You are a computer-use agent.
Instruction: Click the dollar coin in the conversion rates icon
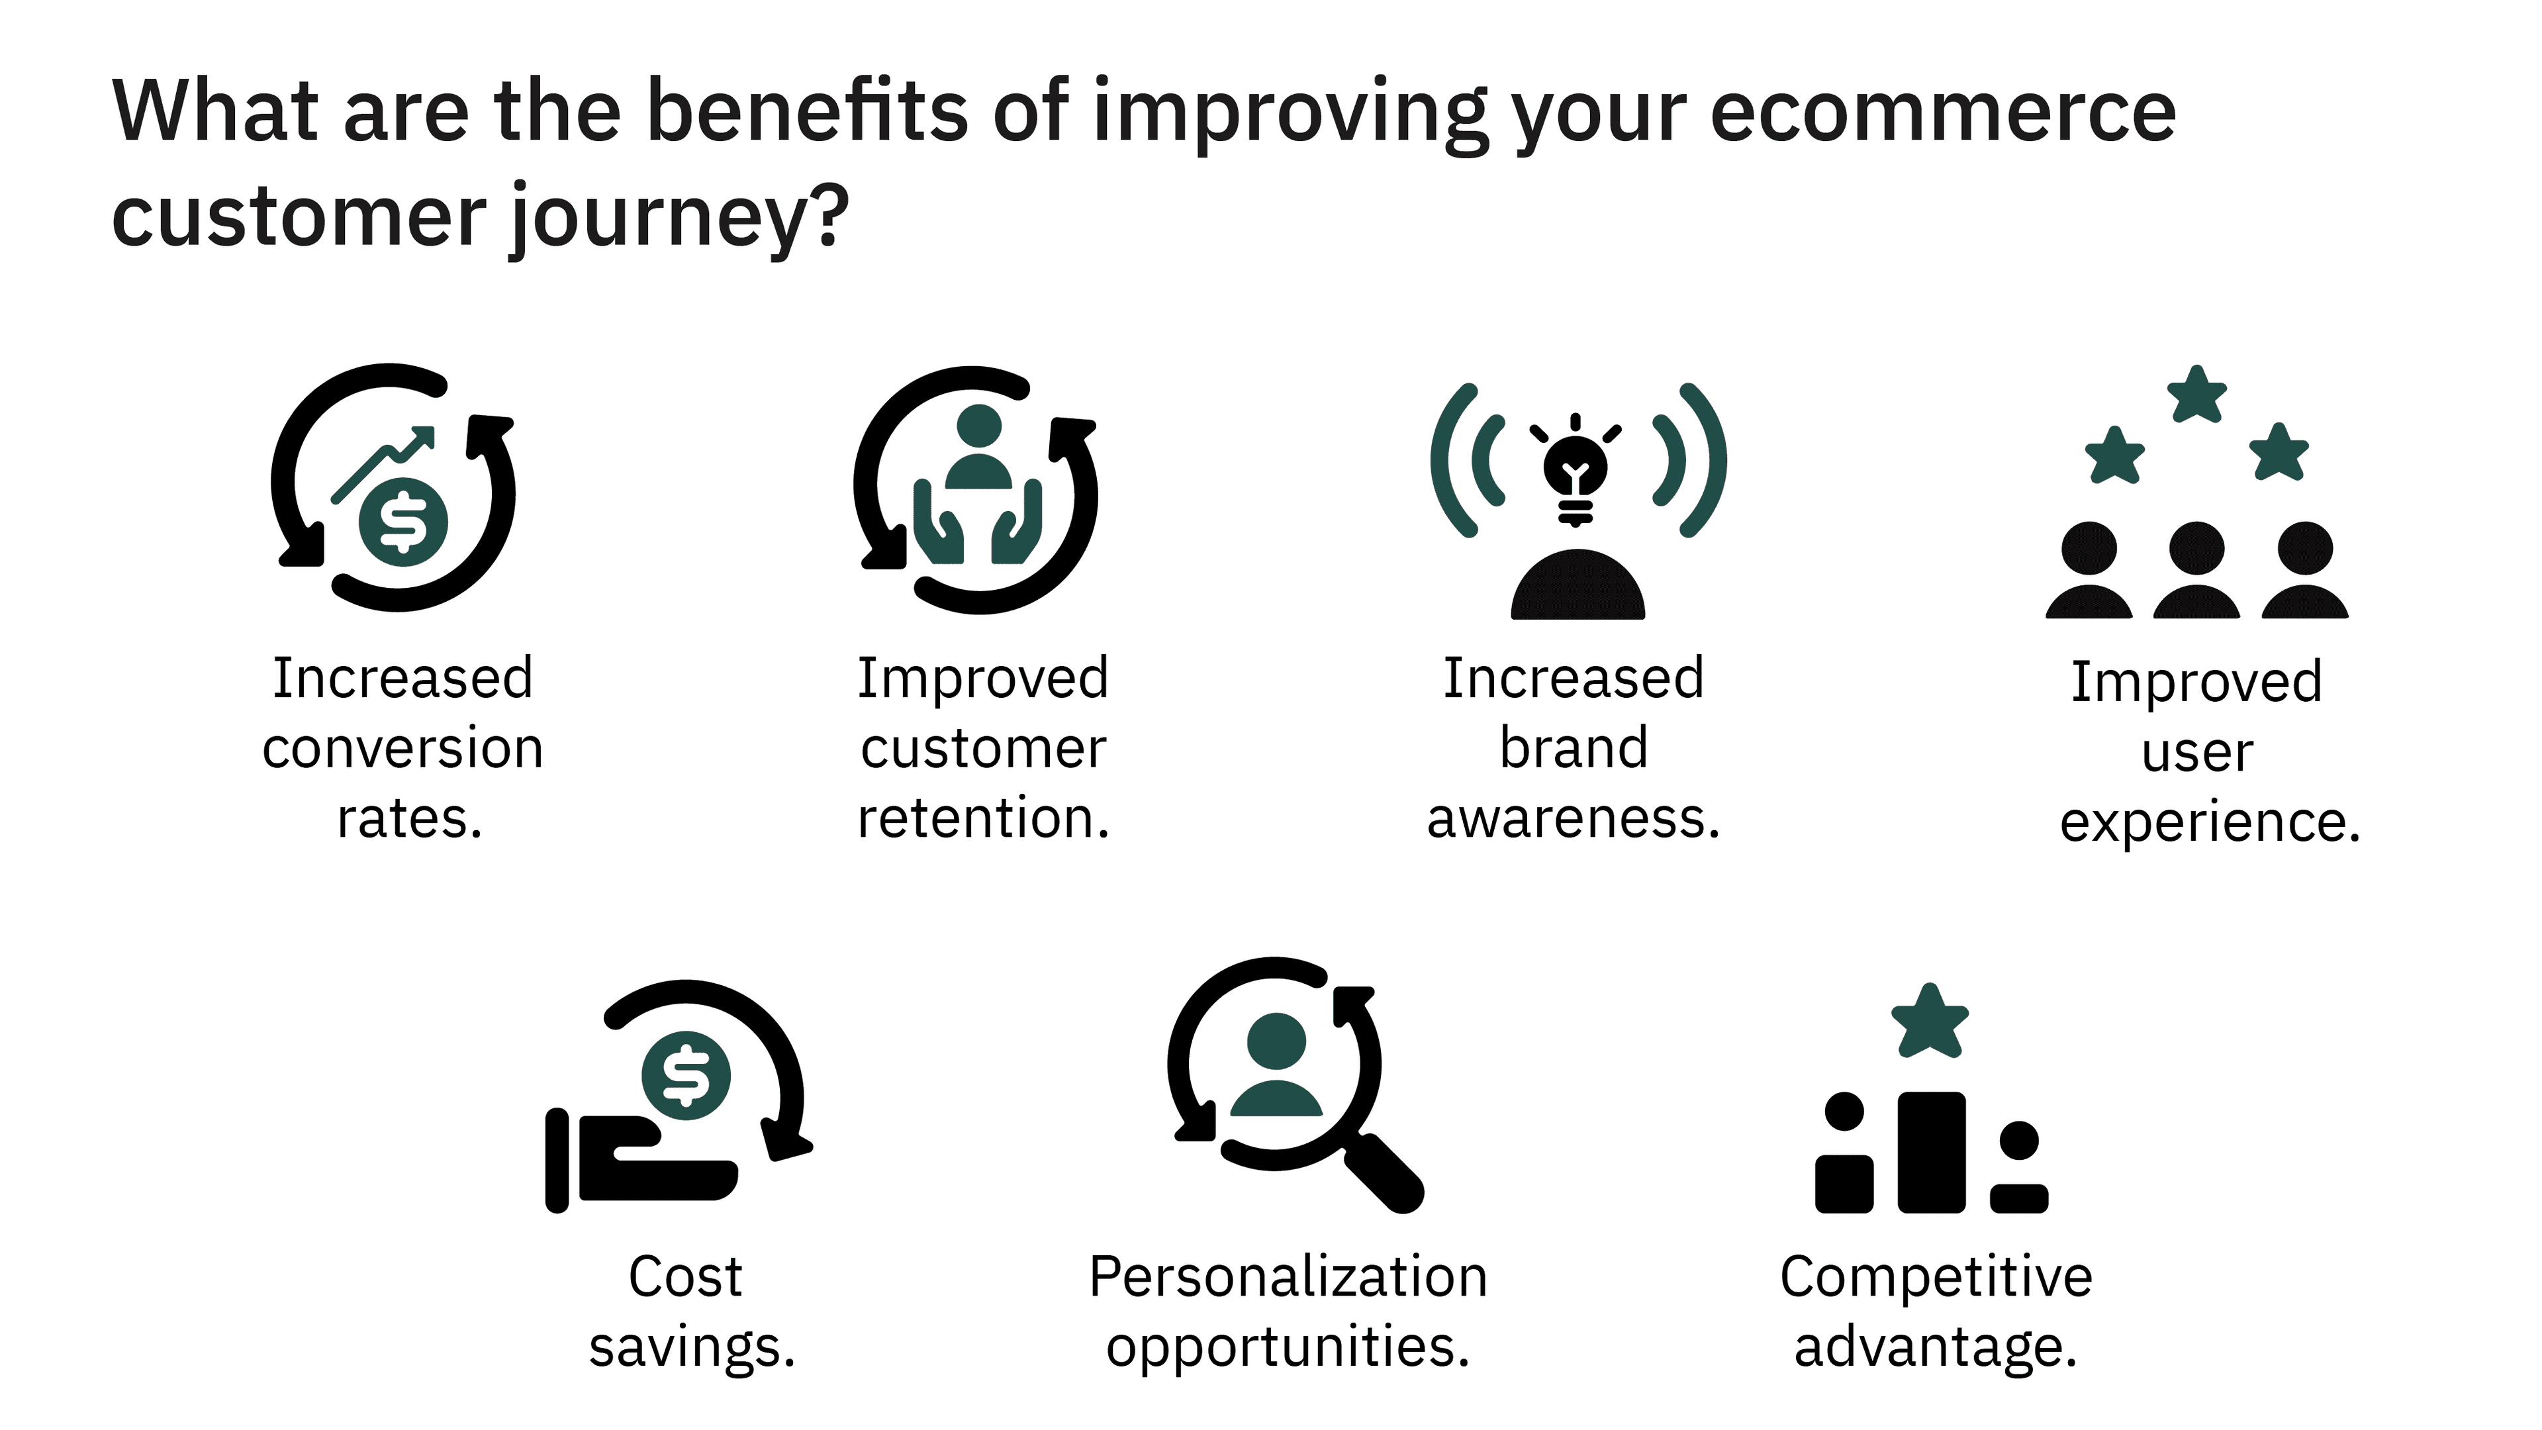pos(402,522)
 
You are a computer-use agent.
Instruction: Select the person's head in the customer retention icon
pos(979,426)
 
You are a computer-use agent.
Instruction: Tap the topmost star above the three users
pos(2196,394)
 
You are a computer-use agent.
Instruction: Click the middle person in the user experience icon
pos(2196,571)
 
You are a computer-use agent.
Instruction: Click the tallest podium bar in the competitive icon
pos(1931,1152)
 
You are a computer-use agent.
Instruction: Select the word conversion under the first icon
pos(402,748)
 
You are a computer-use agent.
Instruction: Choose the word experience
pos(2210,823)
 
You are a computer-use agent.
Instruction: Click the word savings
pos(692,1348)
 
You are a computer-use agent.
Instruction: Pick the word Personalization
pos(1288,1277)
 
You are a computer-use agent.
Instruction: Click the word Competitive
pos(1936,1278)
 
